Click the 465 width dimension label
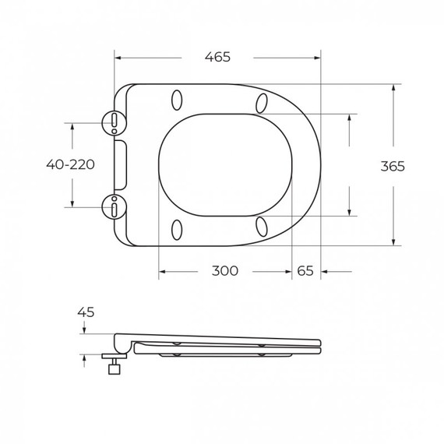pos(217,57)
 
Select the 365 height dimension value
pos(393,166)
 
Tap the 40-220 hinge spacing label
pos(70,164)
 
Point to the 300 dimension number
pos(225,271)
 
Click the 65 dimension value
pos(305,271)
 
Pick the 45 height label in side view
pos(86,312)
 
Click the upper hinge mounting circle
pos(114,121)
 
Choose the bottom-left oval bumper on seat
pos(177,229)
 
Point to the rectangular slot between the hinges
pos(120,164)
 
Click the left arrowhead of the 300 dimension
pos(163,271)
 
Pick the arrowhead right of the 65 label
pos(325,271)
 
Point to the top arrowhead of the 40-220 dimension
pos(72,125)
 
